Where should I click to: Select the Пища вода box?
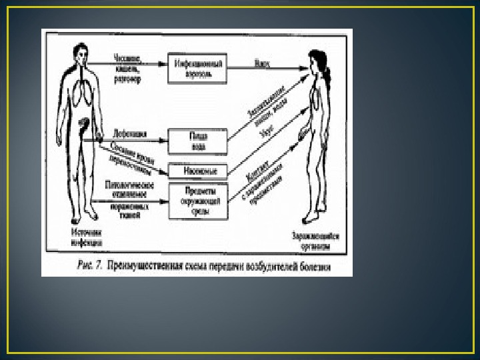197,141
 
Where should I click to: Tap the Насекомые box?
197,170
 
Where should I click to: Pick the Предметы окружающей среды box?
197,201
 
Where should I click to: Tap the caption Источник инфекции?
79,237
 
